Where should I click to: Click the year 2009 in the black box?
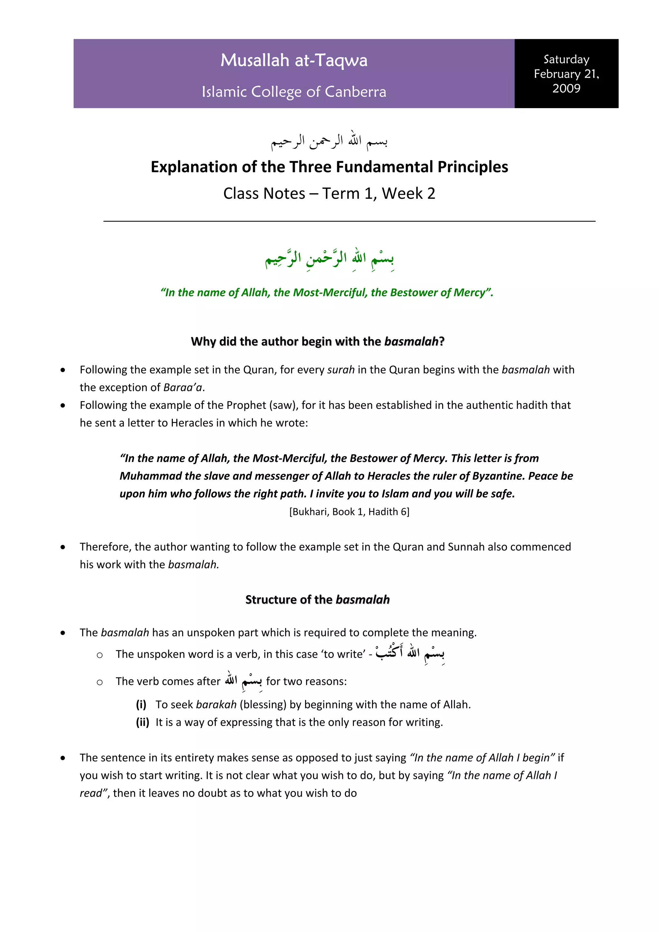click(x=566, y=88)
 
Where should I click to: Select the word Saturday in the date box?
click(x=566, y=59)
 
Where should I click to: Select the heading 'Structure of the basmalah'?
click(x=317, y=600)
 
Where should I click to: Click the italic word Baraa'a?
click(x=183, y=387)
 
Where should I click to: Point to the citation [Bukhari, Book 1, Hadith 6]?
click(x=349, y=512)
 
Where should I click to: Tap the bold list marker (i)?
click(x=141, y=704)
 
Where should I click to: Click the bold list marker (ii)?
click(x=143, y=722)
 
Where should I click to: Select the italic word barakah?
click(x=216, y=704)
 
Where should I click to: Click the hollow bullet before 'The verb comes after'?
click(x=99, y=682)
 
